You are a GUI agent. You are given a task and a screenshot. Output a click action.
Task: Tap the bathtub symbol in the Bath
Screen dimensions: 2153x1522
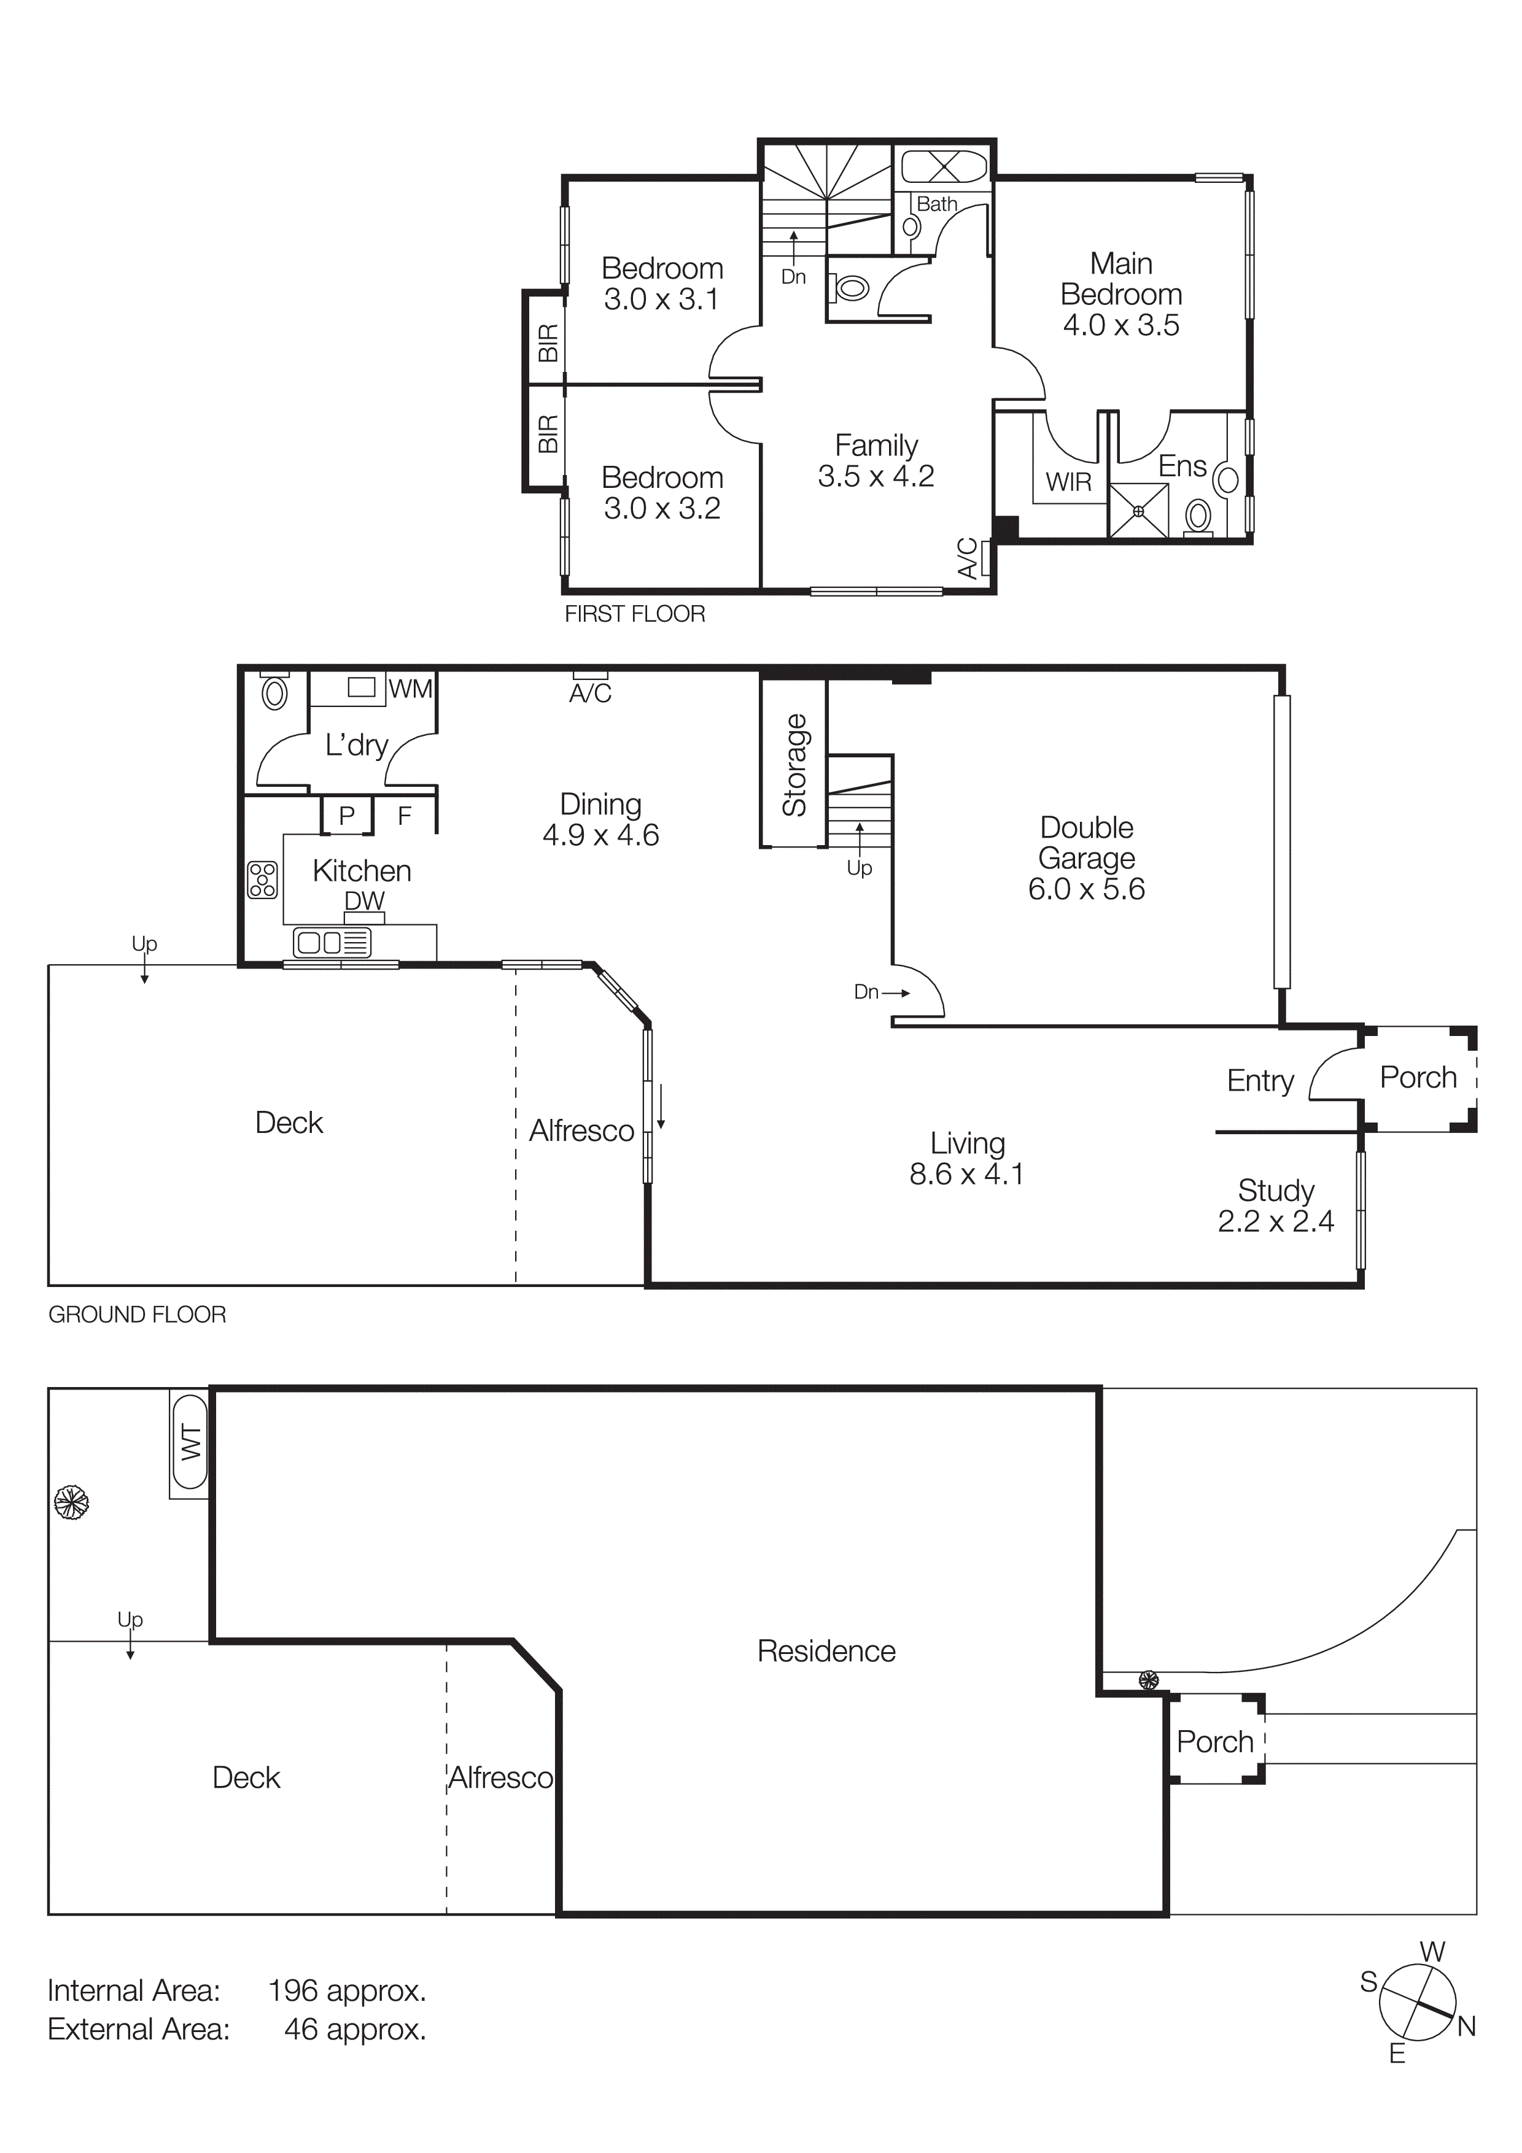944,168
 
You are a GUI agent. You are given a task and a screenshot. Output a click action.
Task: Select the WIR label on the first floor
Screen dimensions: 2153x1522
1068,482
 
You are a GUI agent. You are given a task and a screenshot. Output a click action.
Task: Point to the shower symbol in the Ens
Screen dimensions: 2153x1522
1138,511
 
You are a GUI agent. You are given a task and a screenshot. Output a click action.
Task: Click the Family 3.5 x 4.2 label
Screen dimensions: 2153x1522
876,460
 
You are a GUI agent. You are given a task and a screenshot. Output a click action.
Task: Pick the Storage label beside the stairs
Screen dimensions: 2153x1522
795,765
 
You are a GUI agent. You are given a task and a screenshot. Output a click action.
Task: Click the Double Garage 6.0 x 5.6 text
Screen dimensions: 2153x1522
1086,858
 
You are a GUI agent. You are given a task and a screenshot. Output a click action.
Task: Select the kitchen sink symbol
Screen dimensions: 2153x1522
332,941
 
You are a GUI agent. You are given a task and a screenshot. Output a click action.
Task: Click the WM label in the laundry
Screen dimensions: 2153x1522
411,689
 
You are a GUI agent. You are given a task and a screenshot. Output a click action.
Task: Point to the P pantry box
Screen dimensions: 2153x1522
347,815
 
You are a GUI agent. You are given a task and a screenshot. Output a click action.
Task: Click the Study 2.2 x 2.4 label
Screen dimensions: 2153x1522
1275,1205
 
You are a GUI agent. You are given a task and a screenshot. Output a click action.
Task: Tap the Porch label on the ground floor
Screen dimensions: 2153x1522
1418,1078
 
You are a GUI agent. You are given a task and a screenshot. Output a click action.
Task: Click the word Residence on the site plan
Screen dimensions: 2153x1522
826,1652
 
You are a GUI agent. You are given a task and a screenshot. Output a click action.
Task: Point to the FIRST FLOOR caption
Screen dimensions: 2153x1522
634,614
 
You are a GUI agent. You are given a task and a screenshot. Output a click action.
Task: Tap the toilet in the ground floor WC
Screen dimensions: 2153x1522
274,692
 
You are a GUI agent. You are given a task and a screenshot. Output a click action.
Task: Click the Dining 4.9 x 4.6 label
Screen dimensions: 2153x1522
600,819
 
